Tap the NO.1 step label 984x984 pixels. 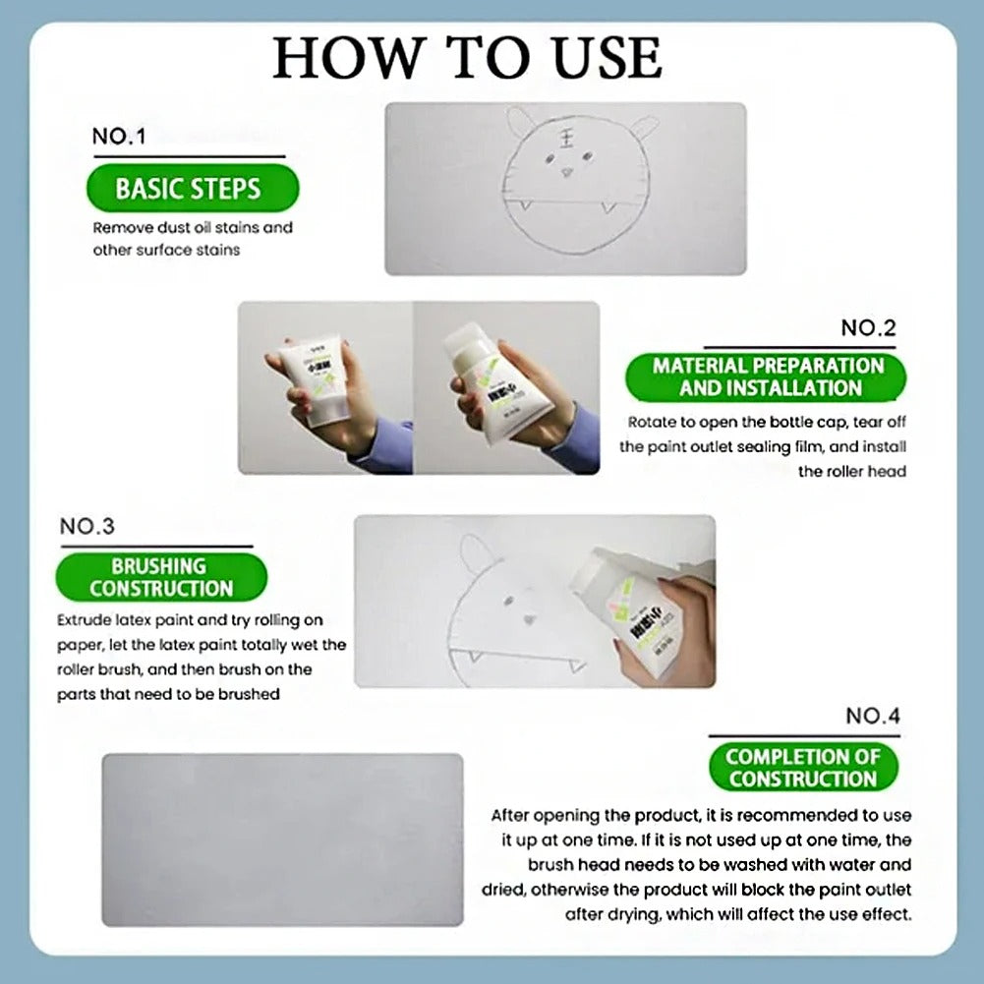coord(118,137)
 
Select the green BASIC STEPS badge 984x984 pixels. coord(189,189)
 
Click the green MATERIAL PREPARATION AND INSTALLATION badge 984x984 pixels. coord(768,376)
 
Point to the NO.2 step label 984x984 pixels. coord(868,328)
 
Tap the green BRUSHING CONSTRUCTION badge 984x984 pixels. coord(159,578)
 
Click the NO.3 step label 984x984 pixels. coord(87,526)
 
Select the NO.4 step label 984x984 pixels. coord(872,716)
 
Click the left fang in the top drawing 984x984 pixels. coord(525,205)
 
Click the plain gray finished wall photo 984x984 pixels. coord(282,839)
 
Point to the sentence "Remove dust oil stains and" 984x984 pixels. coord(193,227)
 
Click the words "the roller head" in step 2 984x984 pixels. coord(851,471)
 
